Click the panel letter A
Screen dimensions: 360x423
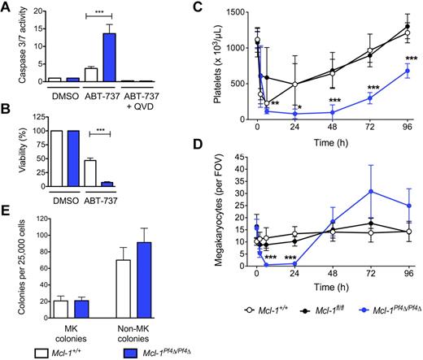click(7, 8)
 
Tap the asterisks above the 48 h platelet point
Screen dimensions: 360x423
click(334, 101)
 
